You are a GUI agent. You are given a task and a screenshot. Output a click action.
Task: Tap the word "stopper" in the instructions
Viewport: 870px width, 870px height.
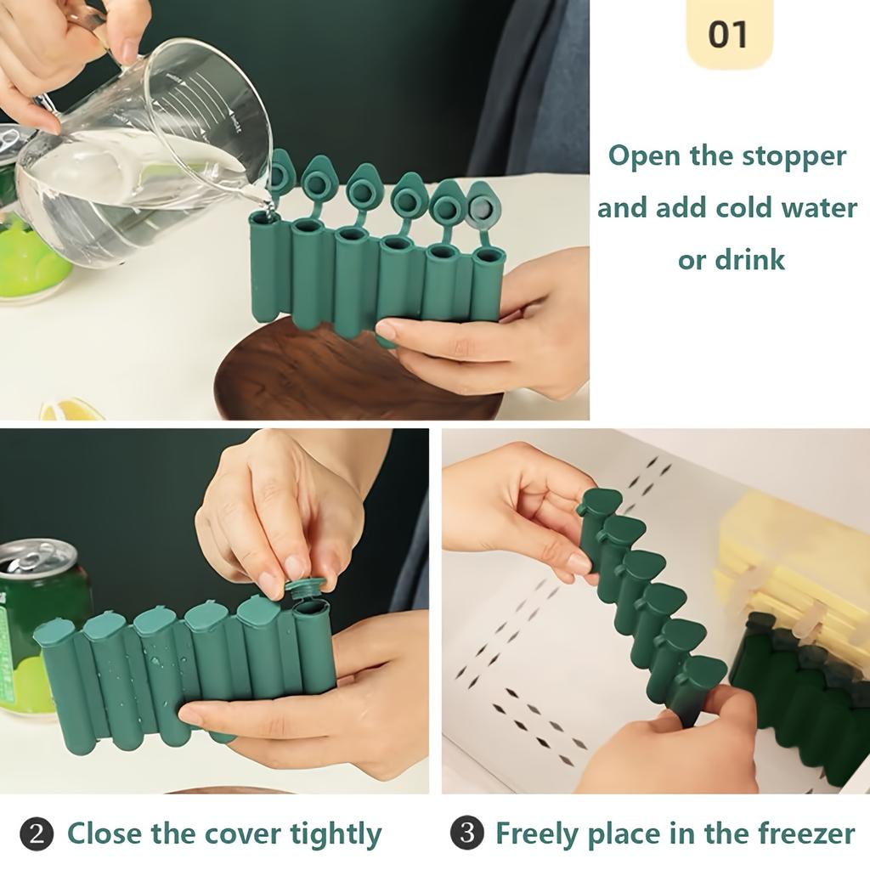coord(794,156)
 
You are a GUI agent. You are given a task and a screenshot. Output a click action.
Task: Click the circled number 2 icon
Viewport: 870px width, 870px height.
coord(36,833)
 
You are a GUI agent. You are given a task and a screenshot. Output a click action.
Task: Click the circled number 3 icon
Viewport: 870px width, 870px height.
coord(466,833)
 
